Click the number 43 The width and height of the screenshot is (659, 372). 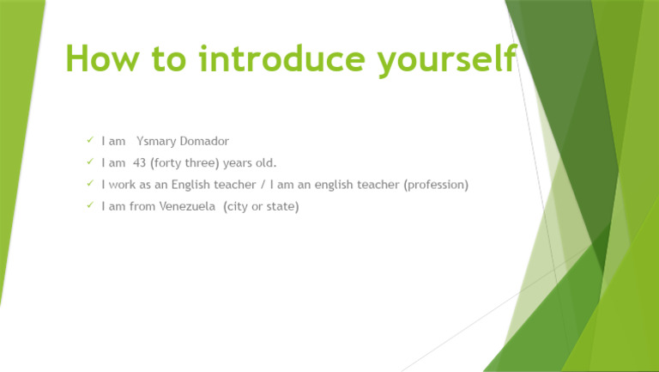[139, 162]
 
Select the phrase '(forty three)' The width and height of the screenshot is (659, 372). [183, 162]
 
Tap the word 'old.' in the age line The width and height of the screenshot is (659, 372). [265, 162]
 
